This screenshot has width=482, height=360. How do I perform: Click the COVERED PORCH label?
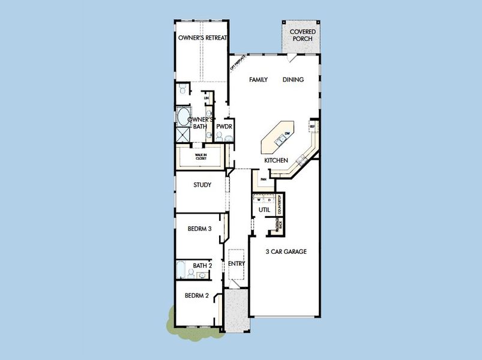(303, 35)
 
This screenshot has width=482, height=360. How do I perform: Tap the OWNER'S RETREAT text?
(203, 38)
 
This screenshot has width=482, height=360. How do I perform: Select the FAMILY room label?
(258, 79)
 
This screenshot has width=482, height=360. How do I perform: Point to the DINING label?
(293, 79)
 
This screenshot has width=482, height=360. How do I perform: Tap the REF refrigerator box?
(312, 127)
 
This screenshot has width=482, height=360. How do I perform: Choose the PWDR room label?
(224, 127)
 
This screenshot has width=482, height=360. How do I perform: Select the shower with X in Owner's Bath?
(182, 134)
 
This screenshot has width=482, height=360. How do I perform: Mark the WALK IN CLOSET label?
(200, 158)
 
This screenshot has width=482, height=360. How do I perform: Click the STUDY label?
(202, 185)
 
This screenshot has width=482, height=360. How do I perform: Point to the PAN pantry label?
(262, 179)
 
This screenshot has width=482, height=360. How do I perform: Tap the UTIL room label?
(264, 210)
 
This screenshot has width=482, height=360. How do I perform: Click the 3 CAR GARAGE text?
(286, 251)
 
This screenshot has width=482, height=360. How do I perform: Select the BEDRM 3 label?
(199, 229)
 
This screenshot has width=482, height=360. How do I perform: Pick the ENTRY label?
(236, 263)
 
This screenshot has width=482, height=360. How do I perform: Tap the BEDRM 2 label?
(196, 295)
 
